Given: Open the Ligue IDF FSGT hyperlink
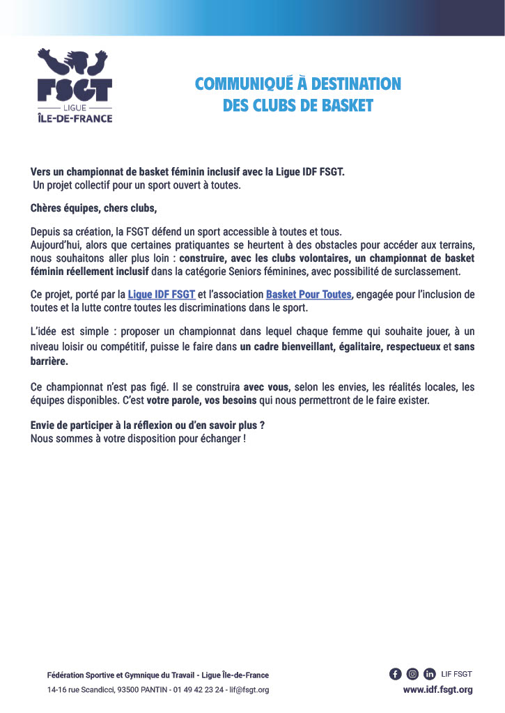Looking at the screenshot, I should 162,295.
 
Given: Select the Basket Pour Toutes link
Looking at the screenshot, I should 309,295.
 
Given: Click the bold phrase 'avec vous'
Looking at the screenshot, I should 266,386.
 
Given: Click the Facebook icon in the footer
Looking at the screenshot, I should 395,673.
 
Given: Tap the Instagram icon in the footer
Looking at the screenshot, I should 412,673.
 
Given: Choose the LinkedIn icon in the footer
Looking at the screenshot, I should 430,673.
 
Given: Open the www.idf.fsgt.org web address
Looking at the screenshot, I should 437,690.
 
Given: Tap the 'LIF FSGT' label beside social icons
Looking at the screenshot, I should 457,674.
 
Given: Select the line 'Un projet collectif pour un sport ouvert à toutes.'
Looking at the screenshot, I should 137,186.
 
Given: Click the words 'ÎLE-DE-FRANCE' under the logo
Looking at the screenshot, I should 74,118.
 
